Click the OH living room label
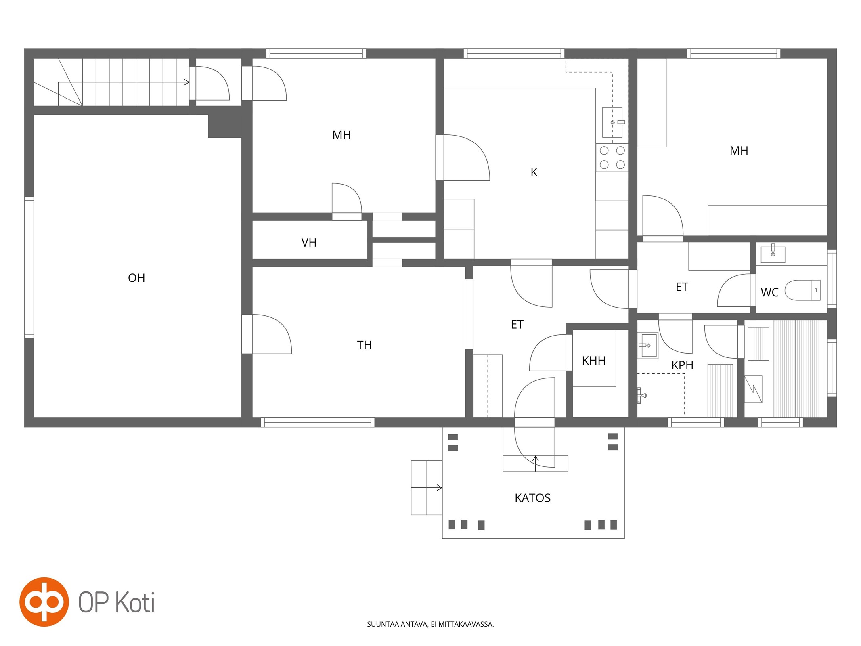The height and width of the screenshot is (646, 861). [136, 278]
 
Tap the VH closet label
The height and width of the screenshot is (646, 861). [309, 243]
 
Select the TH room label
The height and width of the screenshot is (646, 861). [364, 345]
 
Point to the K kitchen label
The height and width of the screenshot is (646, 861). [534, 172]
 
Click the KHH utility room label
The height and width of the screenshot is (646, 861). [593, 361]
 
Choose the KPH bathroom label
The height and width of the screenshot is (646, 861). [682, 365]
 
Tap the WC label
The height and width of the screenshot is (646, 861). [769, 292]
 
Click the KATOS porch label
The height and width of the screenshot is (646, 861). [532, 498]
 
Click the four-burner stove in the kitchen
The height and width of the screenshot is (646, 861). [612, 157]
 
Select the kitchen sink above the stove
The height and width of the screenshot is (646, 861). [612, 122]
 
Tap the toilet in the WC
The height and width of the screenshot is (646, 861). [802, 290]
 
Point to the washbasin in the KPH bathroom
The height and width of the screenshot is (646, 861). [647, 345]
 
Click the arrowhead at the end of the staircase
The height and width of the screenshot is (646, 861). [186, 82]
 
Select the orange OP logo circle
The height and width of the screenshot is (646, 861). [44, 602]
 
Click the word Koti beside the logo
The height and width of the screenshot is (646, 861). [135, 602]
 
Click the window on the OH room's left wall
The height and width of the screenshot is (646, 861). [29, 267]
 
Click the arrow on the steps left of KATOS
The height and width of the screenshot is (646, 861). [427, 488]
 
